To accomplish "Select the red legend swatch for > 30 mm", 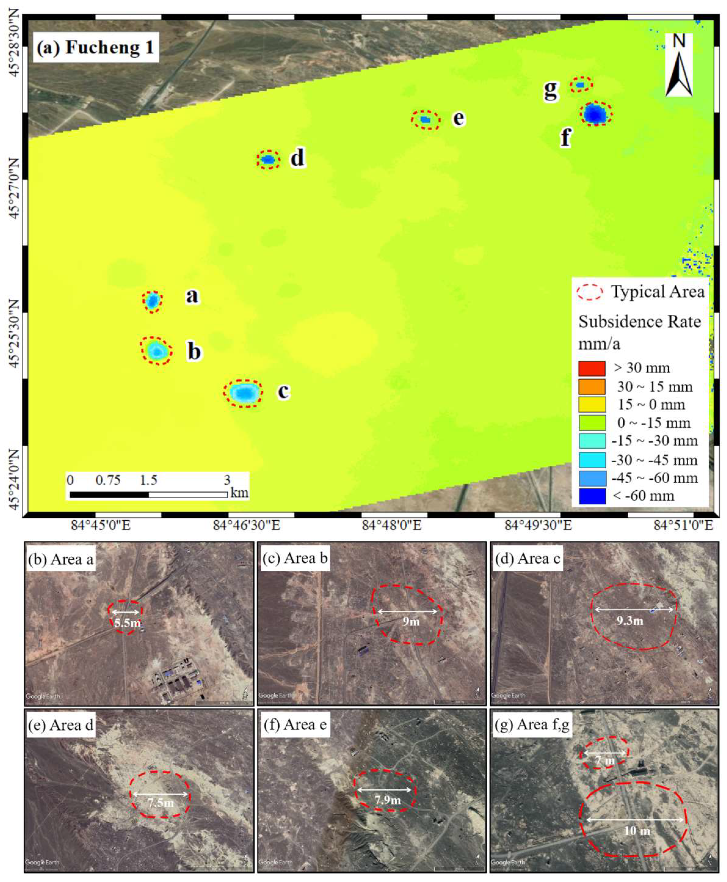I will pyautogui.click(x=592, y=368).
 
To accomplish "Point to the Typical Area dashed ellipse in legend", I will pyautogui.click(x=590, y=292).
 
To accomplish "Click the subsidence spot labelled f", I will pyautogui.click(x=595, y=113).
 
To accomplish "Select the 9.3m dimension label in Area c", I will pyautogui.click(x=629, y=621).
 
